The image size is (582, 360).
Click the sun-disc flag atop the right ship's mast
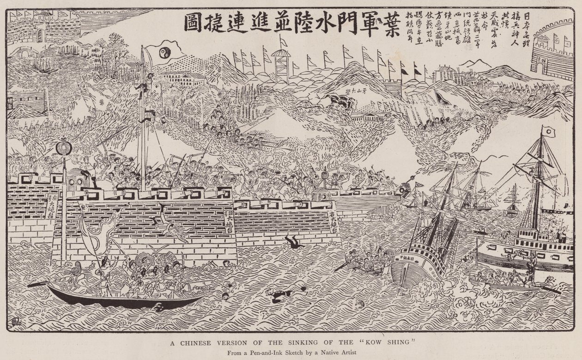pyautogui.click(x=548, y=132)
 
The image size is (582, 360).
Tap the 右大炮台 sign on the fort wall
pyautogui.click(x=333, y=222)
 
